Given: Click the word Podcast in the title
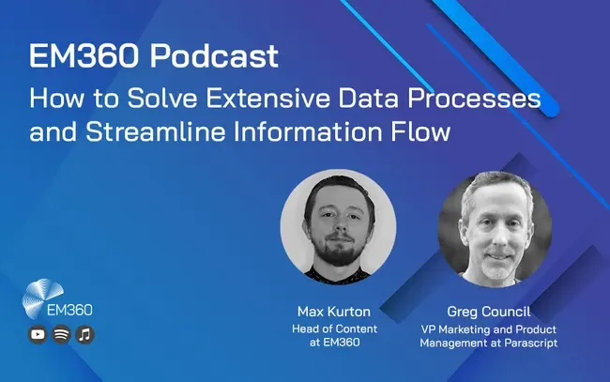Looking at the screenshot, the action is click(214, 55).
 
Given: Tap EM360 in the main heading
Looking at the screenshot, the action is click(84, 55).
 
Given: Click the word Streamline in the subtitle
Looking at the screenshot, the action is click(156, 131).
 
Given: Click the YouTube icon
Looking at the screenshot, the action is click(38, 334).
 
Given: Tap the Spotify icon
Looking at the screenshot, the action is click(61, 334).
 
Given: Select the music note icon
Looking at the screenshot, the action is click(84, 334).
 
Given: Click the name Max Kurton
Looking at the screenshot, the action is click(334, 312).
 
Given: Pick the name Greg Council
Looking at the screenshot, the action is click(489, 312).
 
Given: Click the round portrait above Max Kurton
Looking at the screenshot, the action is click(338, 226).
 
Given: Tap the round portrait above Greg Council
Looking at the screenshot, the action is click(495, 229).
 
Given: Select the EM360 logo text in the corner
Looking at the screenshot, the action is click(69, 310).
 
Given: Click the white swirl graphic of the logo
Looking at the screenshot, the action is click(41, 297).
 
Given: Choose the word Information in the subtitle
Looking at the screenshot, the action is click(308, 131).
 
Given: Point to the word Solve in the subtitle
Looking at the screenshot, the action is click(162, 99).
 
